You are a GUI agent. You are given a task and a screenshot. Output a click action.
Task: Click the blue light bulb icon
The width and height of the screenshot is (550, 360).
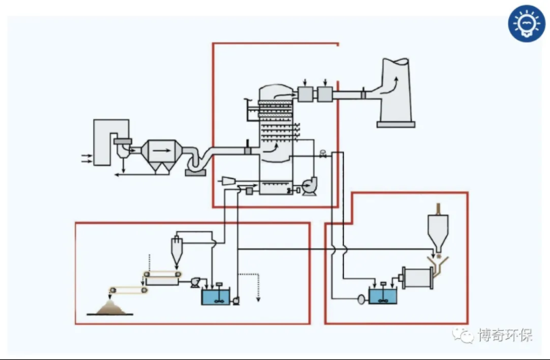pyautogui.click(x=526, y=24)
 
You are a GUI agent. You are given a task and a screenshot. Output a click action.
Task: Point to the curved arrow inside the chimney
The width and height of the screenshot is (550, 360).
pyautogui.click(x=394, y=83)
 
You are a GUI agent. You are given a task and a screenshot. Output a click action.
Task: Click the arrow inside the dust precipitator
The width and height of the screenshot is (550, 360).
pyautogui.click(x=160, y=149)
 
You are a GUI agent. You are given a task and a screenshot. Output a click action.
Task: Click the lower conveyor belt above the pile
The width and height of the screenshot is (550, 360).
pyautogui.click(x=129, y=291)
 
